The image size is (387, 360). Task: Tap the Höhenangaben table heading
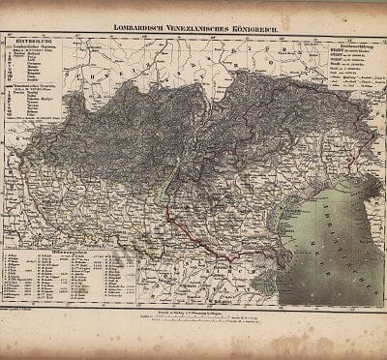68,253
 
